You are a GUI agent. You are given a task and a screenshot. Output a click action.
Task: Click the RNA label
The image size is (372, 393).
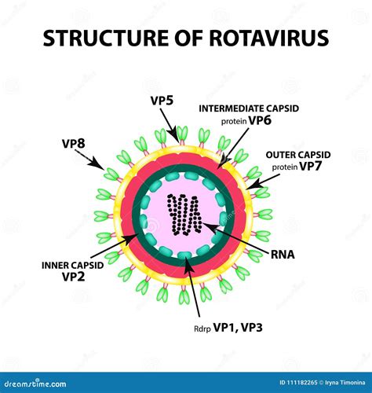click(x=285, y=255)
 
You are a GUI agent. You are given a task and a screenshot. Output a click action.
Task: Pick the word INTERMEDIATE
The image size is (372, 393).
click(x=233, y=108)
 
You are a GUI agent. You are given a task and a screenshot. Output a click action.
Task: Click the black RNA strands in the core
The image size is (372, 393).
click(x=185, y=214)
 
